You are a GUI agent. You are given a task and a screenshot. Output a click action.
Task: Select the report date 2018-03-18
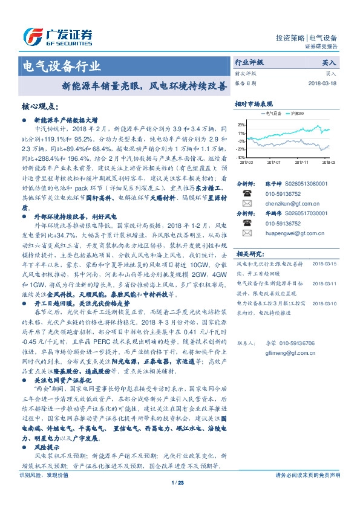[322, 83]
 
